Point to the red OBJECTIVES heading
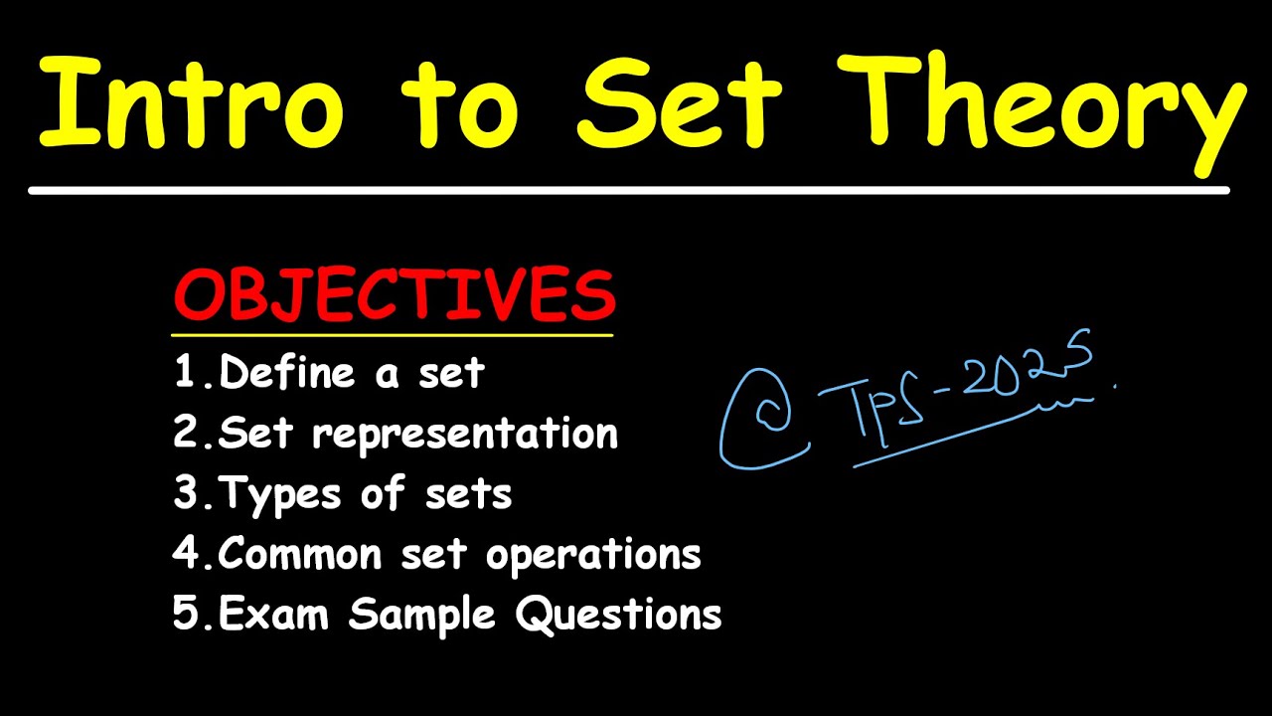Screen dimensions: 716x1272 (395, 295)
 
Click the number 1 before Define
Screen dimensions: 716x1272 (185, 373)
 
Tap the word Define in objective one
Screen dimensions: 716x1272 (287, 373)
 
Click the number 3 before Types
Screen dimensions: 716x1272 (186, 493)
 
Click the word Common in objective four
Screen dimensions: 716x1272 (300, 553)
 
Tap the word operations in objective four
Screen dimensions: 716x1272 (593, 555)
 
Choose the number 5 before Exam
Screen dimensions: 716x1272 (186, 614)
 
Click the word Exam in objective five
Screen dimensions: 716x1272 (274, 614)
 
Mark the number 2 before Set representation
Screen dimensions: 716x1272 (186, 434)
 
